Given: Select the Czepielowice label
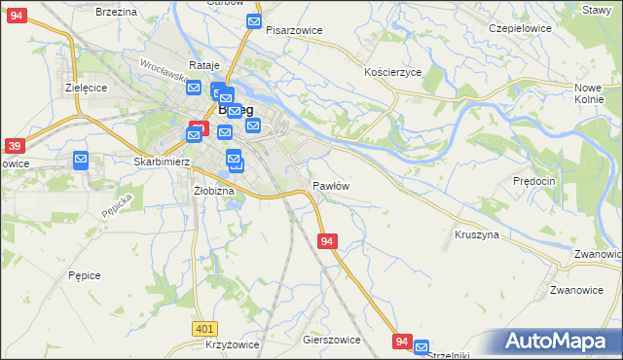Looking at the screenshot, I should coord(520,28).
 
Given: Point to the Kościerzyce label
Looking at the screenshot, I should coord(392,73).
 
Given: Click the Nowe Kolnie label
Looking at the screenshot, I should coord(589,93).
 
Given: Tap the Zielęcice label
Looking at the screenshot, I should coord(85,87).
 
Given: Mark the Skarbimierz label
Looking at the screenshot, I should coord(162,162).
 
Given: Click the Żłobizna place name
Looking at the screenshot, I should coord(214,191).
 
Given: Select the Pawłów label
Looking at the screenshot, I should coord(331,185).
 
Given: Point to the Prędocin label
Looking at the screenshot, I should coord(533,181).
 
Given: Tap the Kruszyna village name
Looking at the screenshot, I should coord(477,235).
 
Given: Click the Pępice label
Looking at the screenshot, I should coord(85,275).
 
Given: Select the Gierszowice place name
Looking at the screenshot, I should coord(332,341).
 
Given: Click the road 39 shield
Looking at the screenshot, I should coord(14,146).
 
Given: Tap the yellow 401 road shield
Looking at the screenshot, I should coord(203,330).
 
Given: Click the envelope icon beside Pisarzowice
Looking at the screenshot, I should coord(254,22).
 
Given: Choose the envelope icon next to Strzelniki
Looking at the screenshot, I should coord(421,346).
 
